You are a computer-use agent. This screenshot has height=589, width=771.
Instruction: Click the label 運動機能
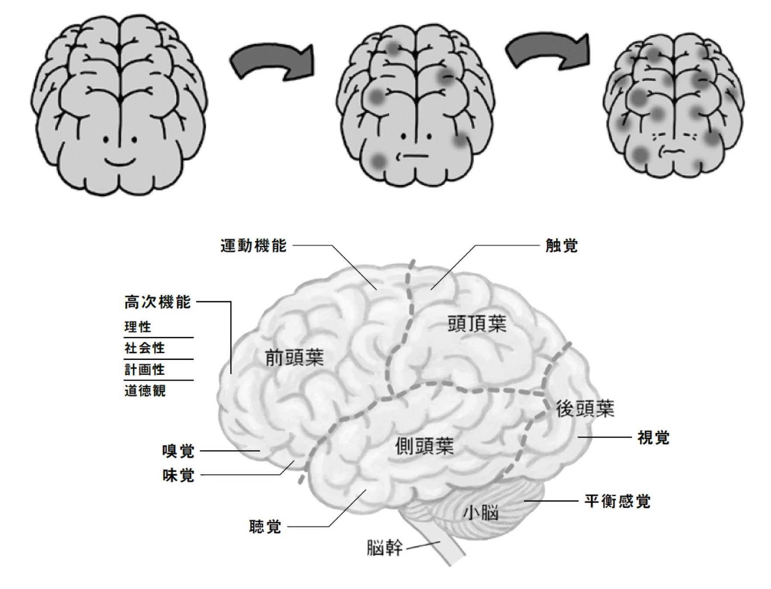tap(253, 246)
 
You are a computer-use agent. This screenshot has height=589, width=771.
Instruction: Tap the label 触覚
tap(561, 246)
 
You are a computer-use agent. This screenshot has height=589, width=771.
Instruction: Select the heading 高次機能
tap(158, 302)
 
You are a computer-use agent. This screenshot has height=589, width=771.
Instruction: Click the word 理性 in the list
tap(138, 327)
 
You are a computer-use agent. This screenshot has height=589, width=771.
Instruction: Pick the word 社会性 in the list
tap(145, 348)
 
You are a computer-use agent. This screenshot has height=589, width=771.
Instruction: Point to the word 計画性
tap(145, 370)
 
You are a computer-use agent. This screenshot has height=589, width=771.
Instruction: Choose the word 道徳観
tap(145, 390)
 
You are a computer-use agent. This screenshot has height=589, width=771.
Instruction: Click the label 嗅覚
tap(178, 451)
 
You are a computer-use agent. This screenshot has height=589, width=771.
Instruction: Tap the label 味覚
tap(178, 475)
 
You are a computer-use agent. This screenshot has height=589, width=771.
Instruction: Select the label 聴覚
tap(265, 527)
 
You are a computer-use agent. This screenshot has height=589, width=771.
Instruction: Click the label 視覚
tap(653, 437)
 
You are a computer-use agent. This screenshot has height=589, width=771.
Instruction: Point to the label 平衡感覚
tap(617, 501)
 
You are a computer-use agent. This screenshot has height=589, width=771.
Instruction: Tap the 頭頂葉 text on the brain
tap(477, 324)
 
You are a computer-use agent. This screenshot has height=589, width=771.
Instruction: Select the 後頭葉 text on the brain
tap(585, 409)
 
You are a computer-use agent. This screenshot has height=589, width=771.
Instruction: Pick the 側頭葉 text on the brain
tap(425, 446)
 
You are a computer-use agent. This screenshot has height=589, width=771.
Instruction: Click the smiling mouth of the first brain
tap(120, 162)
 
